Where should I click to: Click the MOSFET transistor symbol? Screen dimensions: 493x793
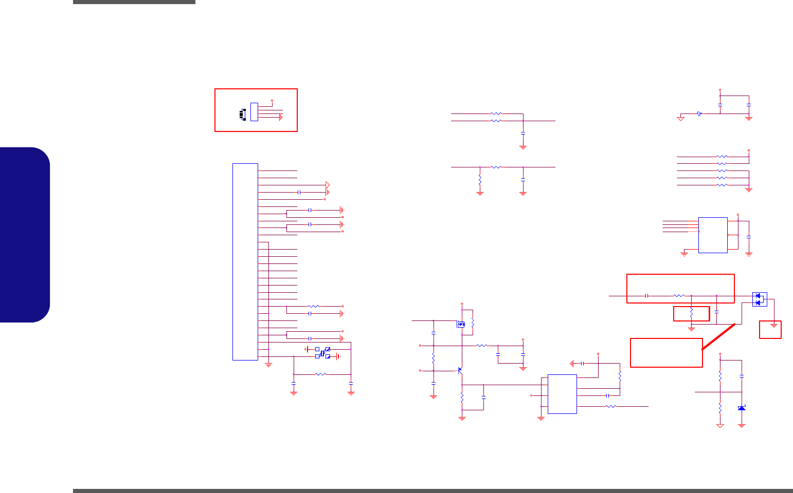[x=461, y=324]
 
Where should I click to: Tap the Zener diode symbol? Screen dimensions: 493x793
[x=742, y=408]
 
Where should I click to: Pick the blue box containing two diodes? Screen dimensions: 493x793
[x=760, y=299]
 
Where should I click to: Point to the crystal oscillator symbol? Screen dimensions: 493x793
[x=322, y=353]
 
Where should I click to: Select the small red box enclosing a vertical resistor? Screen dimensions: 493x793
[x=692, y=313]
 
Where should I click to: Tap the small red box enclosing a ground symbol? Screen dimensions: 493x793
[x=770, y=330]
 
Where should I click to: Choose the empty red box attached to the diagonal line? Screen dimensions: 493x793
[x=666, y=352]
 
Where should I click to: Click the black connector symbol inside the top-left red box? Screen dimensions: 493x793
[x=242, y=115]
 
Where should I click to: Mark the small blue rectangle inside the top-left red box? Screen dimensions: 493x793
[x=254, y=112]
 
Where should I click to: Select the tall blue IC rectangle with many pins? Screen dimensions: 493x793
[x=245, y=262]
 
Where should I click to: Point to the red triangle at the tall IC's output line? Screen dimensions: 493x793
[x=328, y=185]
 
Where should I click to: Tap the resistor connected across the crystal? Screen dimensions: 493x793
[x=320, y=374]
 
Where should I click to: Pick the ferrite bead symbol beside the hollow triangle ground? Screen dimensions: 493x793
[x=699, y=113]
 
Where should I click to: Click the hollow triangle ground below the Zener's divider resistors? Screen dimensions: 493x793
[x=720, y=426]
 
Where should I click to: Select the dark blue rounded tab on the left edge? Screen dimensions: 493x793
[x=25, y=235]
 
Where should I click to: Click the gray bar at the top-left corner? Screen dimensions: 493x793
[x=134, y=2]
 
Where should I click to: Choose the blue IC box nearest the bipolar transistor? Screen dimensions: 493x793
[x=562, y=394]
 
